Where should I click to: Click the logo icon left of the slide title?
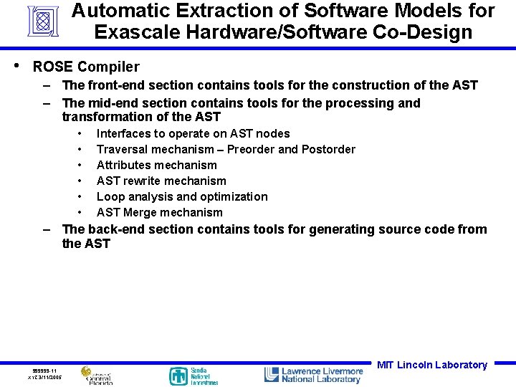[x=43, y=21]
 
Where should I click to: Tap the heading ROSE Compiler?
[x=86, y=67]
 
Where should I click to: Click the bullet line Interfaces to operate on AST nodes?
[x=193, y=133]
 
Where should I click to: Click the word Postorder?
[x=328, y=149]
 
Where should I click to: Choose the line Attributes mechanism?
[x=156, y=165]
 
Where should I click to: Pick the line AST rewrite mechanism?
[x=161, y=181]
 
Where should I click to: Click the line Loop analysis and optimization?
[x=182, y=196]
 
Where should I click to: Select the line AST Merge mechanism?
[x=159, y=212]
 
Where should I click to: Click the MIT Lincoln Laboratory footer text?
[x=431, y=365]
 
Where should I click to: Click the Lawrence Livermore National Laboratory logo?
[x=314, y=375]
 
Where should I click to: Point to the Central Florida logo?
[x=97, y=376]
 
